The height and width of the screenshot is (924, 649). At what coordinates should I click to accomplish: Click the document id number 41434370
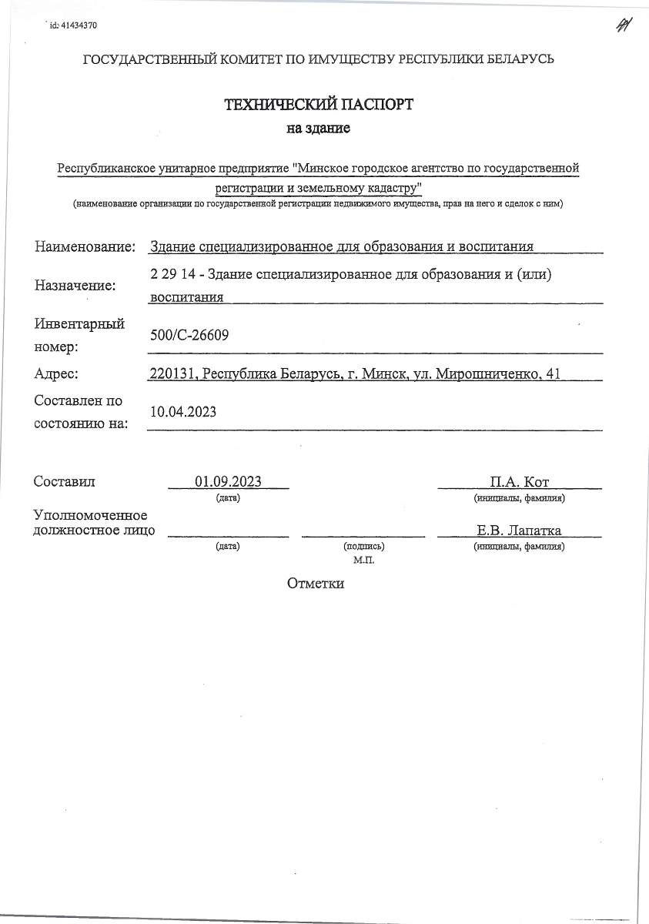[x=79, y=25]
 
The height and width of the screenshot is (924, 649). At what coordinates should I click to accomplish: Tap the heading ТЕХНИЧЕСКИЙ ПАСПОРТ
[x=318, y=105]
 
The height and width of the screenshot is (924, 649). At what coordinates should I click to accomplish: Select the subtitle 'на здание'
[x=318, y=129]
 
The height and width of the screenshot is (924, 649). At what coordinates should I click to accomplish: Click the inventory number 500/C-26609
[x=190, y=335]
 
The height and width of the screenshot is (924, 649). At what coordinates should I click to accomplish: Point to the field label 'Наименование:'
[x=85, y=246]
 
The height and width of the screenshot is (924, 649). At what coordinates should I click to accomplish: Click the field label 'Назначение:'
[x=75, y=286]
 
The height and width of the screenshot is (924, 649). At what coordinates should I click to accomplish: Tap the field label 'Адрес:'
[x=58, y=374]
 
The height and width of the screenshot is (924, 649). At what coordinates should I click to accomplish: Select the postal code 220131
[x=173, y=374]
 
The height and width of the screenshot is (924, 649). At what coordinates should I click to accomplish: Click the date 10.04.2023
[x=184, y=412]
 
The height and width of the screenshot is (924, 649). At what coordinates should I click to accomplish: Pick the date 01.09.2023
[x=228, y=482]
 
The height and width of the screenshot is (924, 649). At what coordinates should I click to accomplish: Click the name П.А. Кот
[x=519, y=482]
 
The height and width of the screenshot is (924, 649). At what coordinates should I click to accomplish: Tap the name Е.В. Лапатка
[x=519, y=530]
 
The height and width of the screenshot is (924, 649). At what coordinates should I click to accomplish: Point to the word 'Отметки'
[x=316, y=583]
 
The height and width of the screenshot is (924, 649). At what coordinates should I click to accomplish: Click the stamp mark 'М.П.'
[x=363, y=560]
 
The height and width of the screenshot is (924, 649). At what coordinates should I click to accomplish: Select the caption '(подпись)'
[x=363, y=546]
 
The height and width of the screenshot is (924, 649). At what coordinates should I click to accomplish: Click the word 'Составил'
[x=64, y=482]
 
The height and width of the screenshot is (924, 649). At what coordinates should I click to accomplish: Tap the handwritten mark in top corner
[x=623, y=25]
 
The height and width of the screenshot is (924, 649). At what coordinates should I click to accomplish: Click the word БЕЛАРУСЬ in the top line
[x=519, y=59]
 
